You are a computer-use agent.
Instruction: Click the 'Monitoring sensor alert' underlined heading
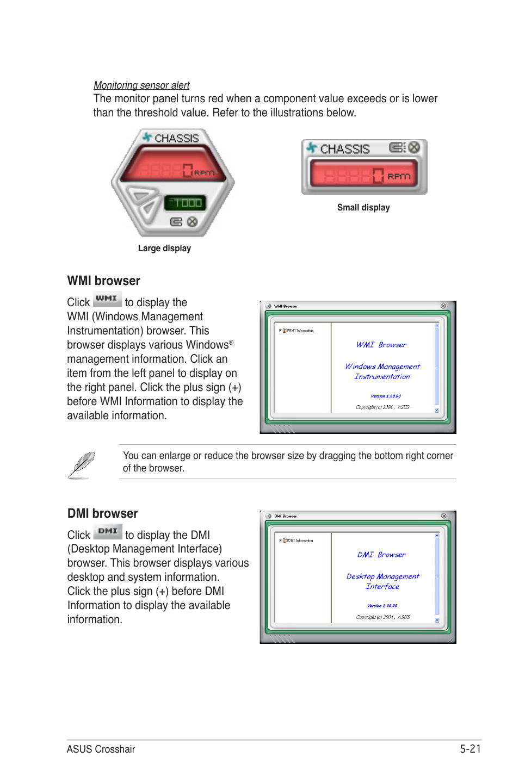(141, 85)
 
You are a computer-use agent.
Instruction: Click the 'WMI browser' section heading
(103, 281)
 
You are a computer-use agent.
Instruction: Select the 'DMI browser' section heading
(102, 513)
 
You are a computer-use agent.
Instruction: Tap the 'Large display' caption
(164, 249)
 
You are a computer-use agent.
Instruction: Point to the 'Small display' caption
(363, 208)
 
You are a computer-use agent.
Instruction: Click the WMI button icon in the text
(107, 299)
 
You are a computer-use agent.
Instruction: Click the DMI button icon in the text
(108, 531)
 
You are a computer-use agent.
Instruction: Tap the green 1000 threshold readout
(186, 203)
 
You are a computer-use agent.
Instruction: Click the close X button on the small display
(415, 147)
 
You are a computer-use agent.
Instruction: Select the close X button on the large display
(192, 222)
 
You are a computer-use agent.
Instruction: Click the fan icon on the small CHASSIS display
(311, 147)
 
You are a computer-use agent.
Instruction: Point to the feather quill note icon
(82, 465)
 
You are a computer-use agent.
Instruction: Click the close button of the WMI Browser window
(443, 306)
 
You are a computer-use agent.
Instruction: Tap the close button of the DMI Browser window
(444, 516)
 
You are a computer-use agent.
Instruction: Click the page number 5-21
(470, 749)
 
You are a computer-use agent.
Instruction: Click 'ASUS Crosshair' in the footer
(101, 749)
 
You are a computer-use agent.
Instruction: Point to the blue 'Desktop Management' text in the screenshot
(382, 576)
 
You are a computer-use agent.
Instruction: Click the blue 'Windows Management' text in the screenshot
(382, 367)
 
